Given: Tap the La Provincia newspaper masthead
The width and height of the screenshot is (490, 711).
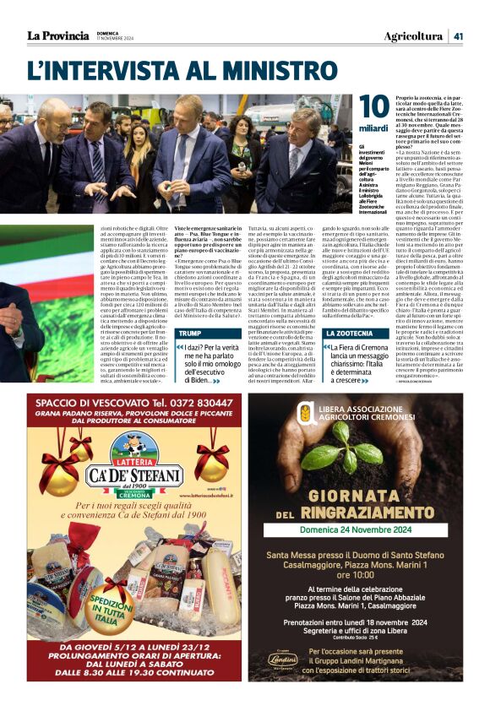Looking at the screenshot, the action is [57, 35].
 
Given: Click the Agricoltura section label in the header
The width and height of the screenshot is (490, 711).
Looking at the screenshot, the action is [413, 35].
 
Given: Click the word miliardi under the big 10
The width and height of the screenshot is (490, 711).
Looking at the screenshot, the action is [374, 128].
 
